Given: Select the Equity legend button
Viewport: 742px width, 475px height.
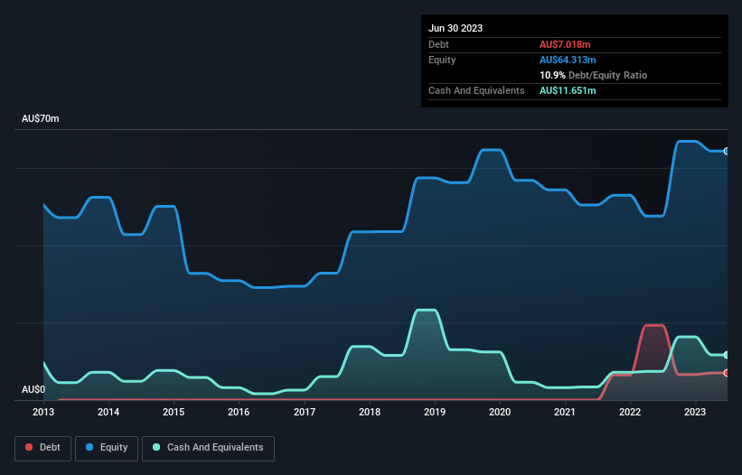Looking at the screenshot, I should coord(108,447).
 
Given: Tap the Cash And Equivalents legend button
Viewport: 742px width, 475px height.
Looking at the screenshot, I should coord(208,447).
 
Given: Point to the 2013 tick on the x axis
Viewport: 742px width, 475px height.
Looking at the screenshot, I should coord(43,413).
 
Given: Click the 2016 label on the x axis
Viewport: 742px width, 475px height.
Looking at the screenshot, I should coord(239,413).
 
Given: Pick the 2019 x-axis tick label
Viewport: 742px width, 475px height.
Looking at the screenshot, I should coord(435,413).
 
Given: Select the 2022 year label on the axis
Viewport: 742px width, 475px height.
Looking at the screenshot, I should coord(630,413).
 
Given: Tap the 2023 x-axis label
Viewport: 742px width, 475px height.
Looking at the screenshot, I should coord(695,413).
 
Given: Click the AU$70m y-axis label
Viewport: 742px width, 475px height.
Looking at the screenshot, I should coord(41,119).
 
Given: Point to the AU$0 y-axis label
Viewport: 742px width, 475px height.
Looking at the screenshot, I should coord(33,389).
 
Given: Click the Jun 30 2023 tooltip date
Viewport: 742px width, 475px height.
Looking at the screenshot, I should coord(456,28).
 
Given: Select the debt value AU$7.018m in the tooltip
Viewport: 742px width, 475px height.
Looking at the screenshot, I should coord(565,44).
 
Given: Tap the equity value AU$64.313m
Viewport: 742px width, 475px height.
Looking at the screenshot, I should coord(568,60).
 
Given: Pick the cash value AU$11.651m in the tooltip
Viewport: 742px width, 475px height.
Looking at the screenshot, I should coord(568,90).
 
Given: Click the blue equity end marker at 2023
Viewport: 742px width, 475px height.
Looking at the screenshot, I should coord(726,151).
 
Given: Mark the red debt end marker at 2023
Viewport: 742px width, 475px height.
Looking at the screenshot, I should coord(726,372).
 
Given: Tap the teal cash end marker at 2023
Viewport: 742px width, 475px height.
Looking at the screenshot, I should coord(726,355).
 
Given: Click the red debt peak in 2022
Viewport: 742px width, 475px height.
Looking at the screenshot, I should coord(653,325).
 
